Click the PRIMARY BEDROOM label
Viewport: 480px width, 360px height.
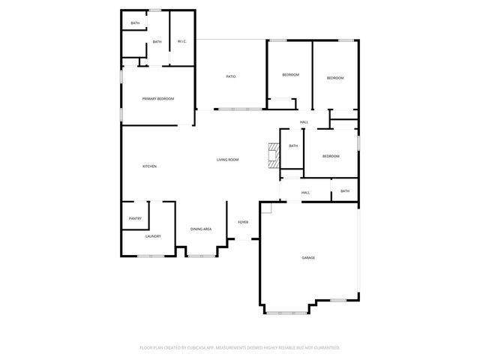point(158,99)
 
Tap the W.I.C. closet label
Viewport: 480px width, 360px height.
point(181,41)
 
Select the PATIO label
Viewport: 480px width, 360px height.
point(232,77)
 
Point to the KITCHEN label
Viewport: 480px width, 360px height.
point(150,166)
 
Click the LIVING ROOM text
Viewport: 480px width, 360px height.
point(227,160)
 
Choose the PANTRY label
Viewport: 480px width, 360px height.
point(135,218)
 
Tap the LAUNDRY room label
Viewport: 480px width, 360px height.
point(153,236)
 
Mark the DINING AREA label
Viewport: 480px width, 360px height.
point(200,229)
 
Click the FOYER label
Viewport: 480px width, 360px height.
point(243,222)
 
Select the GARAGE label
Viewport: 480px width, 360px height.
point(308,257)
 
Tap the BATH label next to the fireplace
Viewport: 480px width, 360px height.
point(293,145)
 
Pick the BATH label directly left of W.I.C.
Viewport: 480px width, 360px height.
point(157,42)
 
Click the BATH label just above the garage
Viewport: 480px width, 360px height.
point(345,191)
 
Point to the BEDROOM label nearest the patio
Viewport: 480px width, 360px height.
point(290,75)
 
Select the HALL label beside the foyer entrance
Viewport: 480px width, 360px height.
point(306,193)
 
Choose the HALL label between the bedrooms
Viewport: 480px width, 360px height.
point(304,122)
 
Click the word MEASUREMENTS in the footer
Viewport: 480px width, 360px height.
point(238,347)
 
